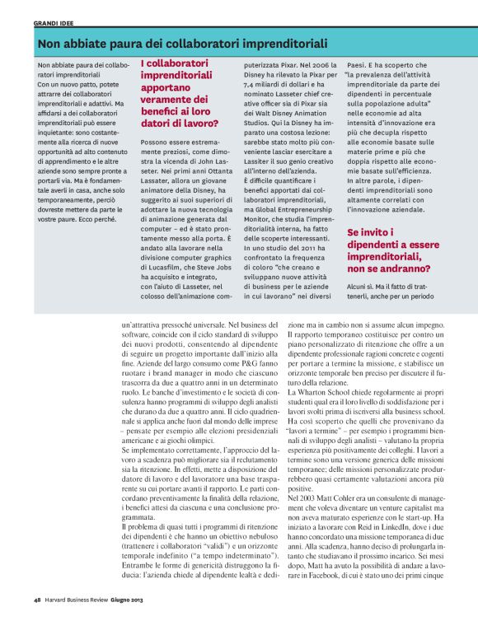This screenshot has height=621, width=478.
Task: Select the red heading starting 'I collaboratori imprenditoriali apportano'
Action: [x=180, y=94]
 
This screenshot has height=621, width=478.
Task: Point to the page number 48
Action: [x=38, y=599]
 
